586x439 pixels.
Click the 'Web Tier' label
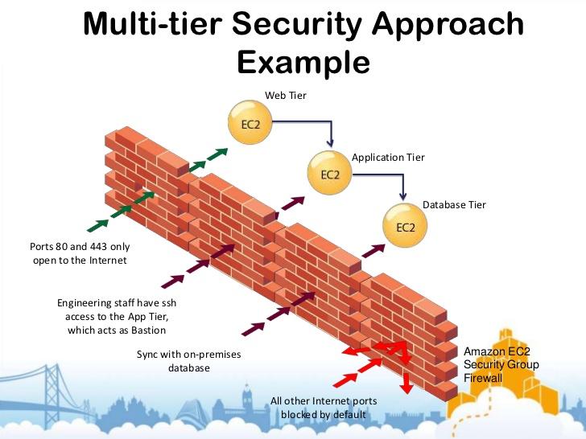tap(286, 96)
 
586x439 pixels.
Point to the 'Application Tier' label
tap(388, 158)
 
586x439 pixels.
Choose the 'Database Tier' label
tap(454, 205)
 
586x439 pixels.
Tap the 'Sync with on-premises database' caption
tap(189, 361)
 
